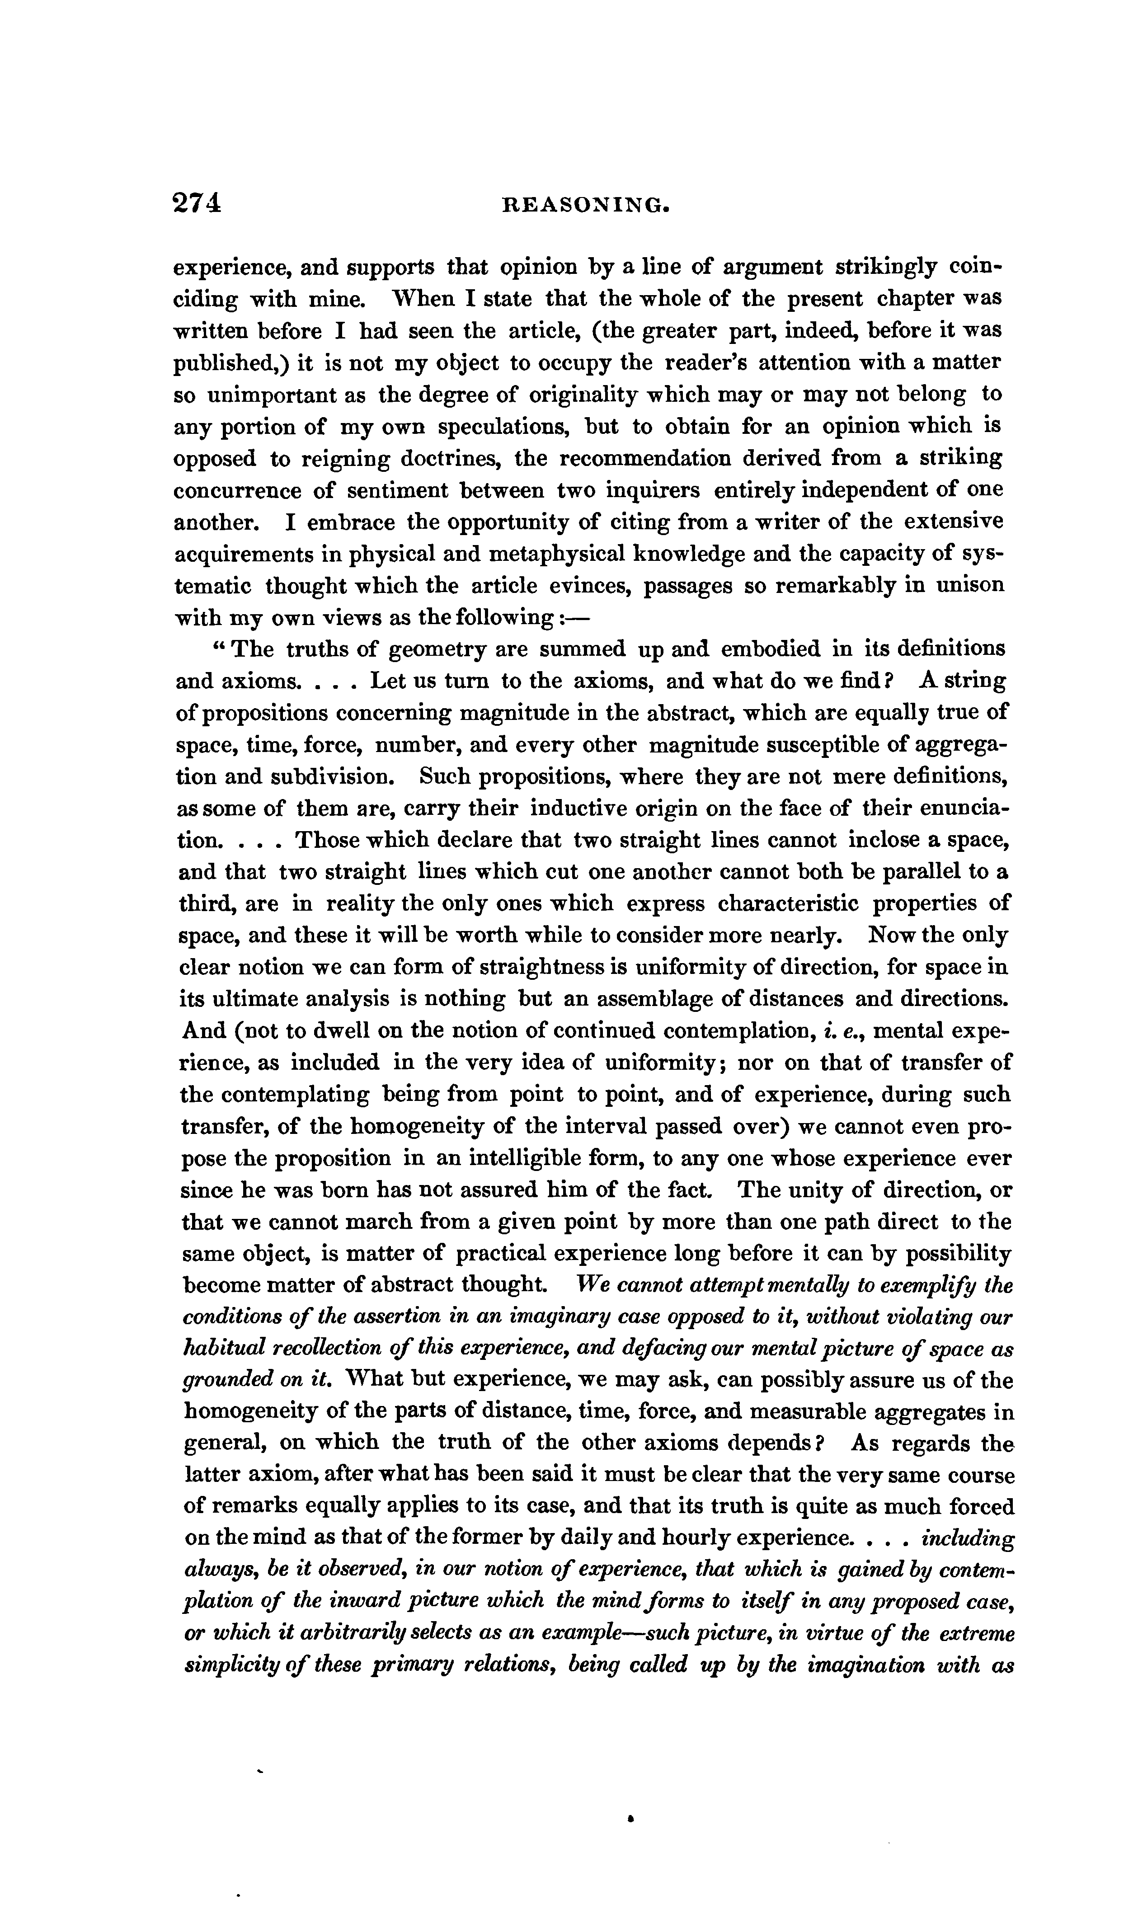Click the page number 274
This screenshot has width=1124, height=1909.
[x=197, y=203]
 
